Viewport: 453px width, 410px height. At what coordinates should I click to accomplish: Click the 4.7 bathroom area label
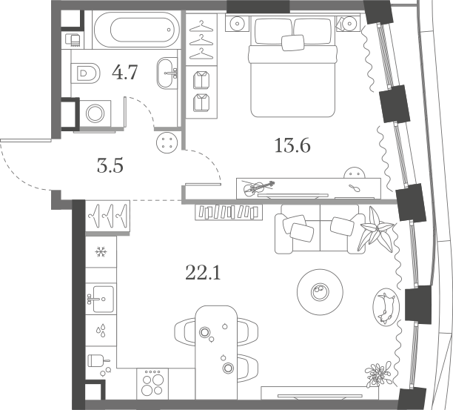(125, 73)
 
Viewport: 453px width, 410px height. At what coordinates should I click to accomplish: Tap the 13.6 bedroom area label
(292, 145)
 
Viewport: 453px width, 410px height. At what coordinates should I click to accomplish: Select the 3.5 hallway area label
(110, 166)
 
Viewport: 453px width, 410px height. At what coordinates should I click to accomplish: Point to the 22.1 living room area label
(203, 273)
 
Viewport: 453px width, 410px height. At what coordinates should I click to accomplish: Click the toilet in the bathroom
(86, 73)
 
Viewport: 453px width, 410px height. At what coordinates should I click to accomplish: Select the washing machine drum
(95, 113)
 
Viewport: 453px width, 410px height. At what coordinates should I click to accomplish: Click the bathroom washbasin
(167, 73)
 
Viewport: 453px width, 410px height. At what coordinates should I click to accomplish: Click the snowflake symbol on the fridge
(101, 252)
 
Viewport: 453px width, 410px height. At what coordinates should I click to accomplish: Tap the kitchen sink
(103, 300)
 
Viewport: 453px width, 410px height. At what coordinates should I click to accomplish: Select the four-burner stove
(152, 383)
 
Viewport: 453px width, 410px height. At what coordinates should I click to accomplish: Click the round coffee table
(320, 292)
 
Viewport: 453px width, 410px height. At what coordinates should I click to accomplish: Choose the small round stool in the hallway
(167, 142)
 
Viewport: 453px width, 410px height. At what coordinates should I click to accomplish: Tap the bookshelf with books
(229, 212)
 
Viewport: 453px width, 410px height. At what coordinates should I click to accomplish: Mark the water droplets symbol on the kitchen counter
(101, 331)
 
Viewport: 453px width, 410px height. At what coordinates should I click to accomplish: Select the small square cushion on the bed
(293, 42)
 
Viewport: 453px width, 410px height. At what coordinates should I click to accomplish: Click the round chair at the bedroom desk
(355, 173)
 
